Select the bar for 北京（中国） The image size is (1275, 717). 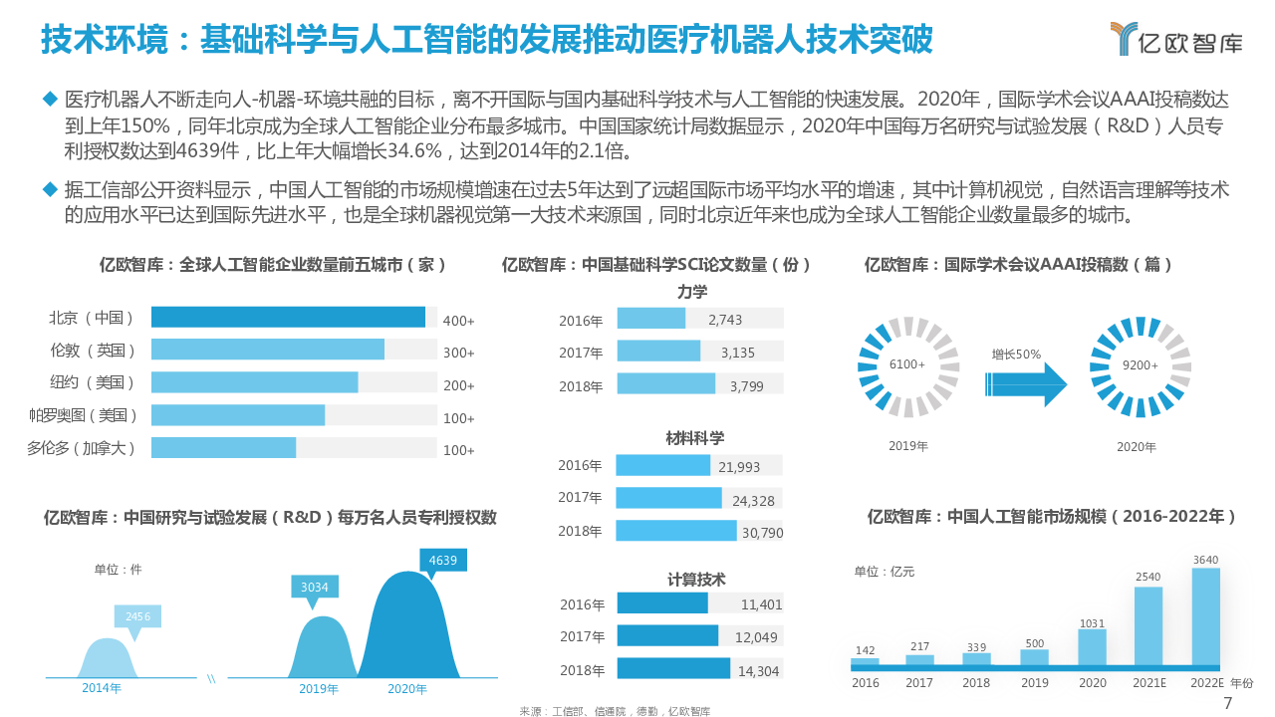click(x=288, y=318)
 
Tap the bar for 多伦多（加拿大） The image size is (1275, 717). click(x=223, y=448)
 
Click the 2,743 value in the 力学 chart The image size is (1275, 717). click(x=725, y=320)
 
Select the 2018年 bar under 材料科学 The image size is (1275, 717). click(x=675, y=531)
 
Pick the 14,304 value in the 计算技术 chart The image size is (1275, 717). click(x=759, y=671)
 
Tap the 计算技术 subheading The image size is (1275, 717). click(x=696, y=580)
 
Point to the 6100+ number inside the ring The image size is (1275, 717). click(x=907, y=364)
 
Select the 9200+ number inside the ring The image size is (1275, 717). click(x=1140, y=364)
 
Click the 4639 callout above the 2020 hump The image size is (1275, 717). click(x=442, y=561)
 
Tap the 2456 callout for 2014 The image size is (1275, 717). click(x=137, y=617)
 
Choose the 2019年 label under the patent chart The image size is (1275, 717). click(x=319, y=688)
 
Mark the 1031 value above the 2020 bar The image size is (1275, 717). click(x=1092, y=623)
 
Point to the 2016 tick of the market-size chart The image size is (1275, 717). click(x=866, y=683)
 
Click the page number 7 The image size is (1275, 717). click(x=1227, y=704)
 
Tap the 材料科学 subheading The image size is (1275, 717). click(x=694, y=438)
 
